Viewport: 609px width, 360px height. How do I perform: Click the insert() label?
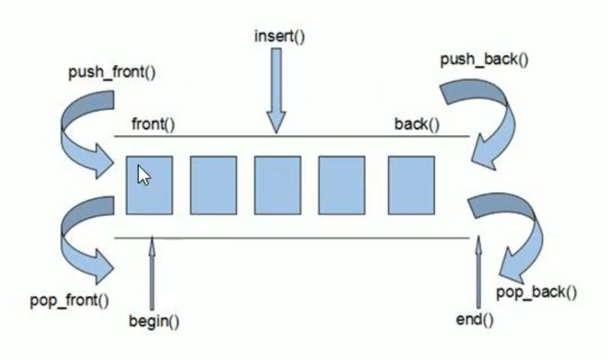pyautogui.click(x=279, y=36)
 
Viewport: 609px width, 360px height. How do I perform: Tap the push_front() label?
pyautogui.click(x=112, y=73)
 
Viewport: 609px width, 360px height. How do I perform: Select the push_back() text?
pyautogui.click(x=484, y=60)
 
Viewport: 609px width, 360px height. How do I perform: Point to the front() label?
pyautogui.click(x=154, y=124)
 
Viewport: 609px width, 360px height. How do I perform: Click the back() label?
pyautogui.click(x=417, y=124)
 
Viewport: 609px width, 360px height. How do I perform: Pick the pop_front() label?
pyautogui.click(x=70, y=300)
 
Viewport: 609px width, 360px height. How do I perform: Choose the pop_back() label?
pyautogui.click(x=536, y=292)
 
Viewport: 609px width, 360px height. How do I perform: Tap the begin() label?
pyautogui.click(x=154, y=321)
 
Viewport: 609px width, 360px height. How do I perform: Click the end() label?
pyautogui.click(x=474, y=320)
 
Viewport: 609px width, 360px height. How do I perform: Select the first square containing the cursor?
pyautogui.click(x=149, y=185)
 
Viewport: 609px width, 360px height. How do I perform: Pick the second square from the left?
pyautogui.click(x=214, y=185)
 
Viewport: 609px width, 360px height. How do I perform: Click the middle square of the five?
pyautogui.click(x=277, y=185)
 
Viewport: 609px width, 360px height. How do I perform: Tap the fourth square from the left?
pyautogui.click(x=342, y=185)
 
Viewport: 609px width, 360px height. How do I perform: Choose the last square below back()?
pyautogui.click(x=411, y=185)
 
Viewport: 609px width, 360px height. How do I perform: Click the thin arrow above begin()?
pyautogui.click(x=152, y=273)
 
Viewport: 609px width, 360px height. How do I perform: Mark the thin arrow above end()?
pyautogui.click(x=479, y=272)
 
